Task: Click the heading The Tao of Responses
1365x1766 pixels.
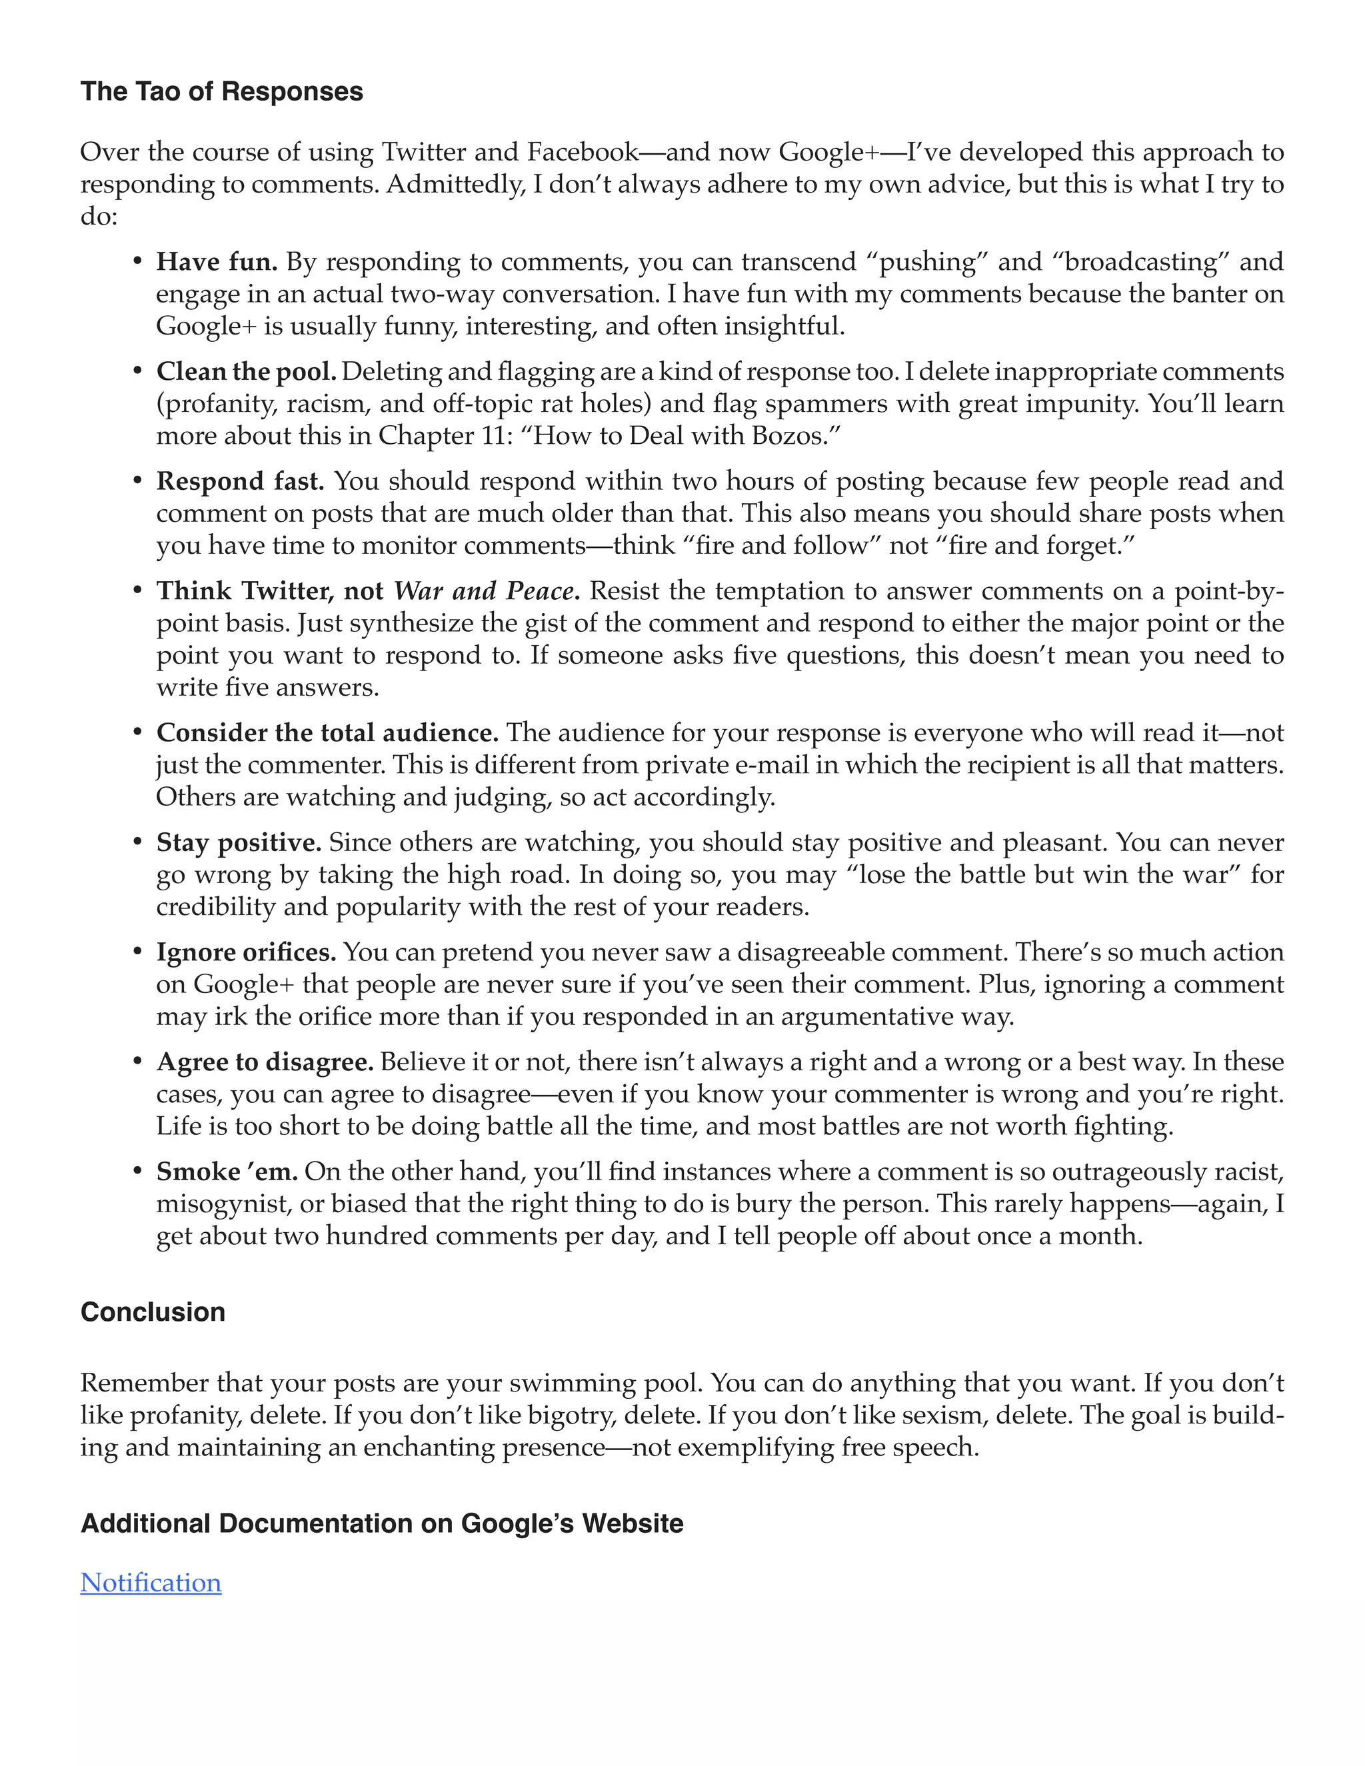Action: (x=221, y=91)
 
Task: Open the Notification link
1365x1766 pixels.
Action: (x=151, y=1583)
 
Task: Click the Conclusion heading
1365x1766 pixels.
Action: (x=153, y=1312)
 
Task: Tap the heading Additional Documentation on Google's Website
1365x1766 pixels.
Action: (x=382, y=1523)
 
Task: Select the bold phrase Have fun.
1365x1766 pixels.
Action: (x=217, y=262)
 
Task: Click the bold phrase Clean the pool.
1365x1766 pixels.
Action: (x=246, y=372)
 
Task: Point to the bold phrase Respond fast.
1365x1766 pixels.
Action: (x=240, y=481)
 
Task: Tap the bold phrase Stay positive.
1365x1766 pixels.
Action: (x=239, y=842)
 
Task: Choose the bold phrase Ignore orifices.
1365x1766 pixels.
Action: (x=246, y=952)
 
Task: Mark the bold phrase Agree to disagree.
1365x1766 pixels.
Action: (x=265, y=1062)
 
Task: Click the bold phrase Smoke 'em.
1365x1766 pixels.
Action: (x=227, y=1172)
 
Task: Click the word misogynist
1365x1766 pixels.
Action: (x=223, y=1204)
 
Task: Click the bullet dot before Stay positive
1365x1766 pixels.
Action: (x=137, y=842)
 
